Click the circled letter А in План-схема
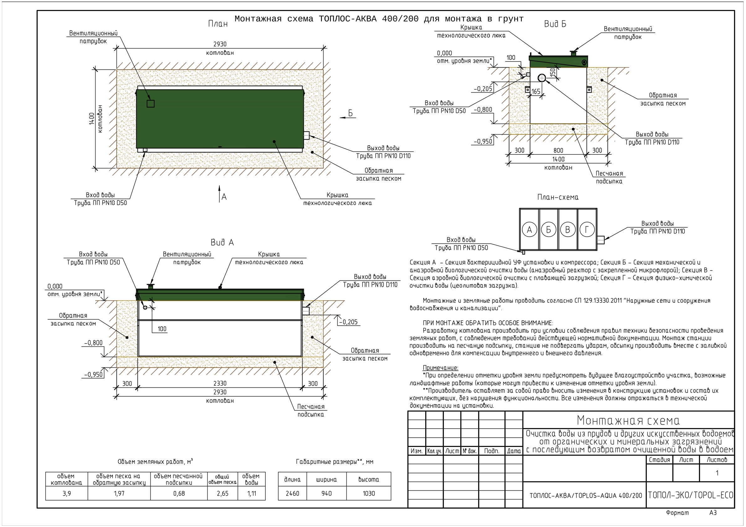(529, 230)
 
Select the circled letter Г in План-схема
(587, 230)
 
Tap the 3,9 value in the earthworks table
(67, 494)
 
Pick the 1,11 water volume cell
(251, 494)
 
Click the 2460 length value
(293, 494)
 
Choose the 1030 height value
(369, 494)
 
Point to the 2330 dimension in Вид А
(220, 383)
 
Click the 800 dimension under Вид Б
(558, 150)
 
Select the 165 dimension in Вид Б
(536, 92)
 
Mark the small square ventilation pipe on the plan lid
(150, 104)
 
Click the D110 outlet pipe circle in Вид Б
(541, 78)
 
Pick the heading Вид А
(222, 243)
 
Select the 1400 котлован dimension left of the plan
(96, 119)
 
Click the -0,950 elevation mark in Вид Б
(483, 141)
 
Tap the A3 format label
(713, 513)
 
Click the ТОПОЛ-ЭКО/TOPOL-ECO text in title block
(691, 495)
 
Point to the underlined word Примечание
(440, 368)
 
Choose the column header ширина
(326, 480)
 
